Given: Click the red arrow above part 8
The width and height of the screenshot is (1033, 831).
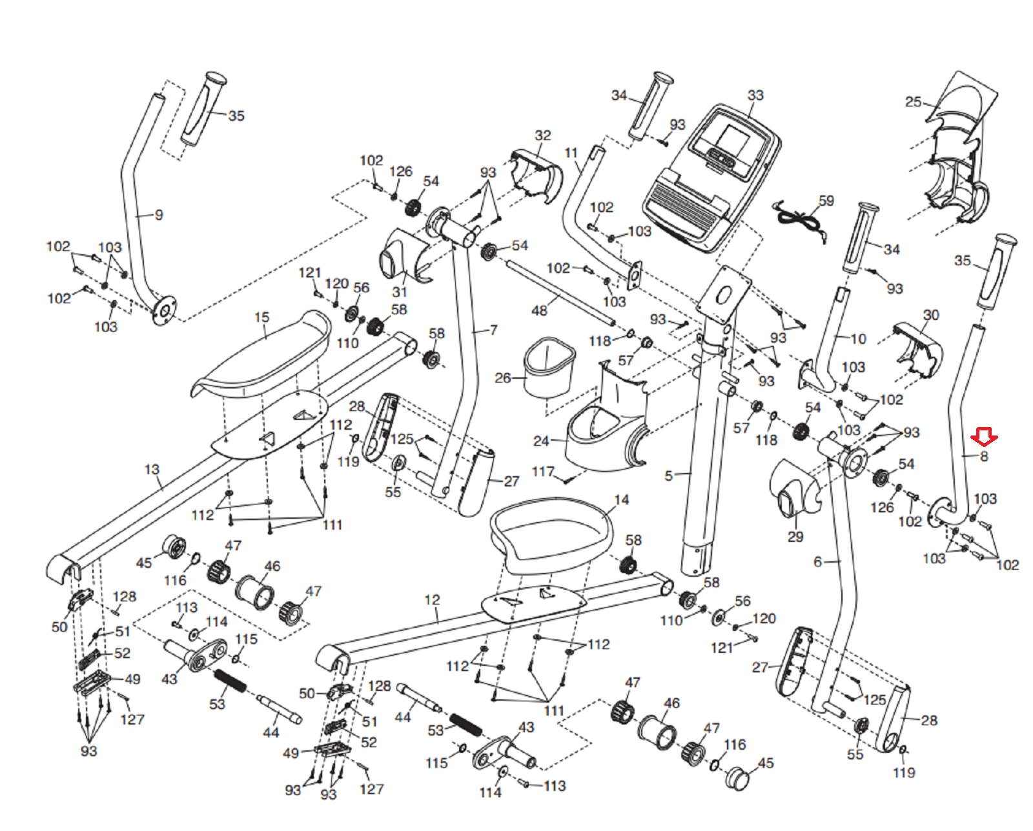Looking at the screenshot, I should coord(984,437).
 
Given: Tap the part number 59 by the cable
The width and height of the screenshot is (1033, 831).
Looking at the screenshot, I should coord(826,201).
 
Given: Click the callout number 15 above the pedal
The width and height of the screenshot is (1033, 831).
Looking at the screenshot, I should coord(261,317).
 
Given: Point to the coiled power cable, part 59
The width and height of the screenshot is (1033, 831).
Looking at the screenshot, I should coord(799,219).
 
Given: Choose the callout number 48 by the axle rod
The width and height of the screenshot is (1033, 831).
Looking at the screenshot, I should coord(539,311).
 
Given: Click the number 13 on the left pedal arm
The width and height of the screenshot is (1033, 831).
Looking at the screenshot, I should coord(152,469).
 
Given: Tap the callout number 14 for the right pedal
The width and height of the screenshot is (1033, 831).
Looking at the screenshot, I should coord(622,500).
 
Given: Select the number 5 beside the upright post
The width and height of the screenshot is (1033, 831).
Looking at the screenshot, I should coord(669,476).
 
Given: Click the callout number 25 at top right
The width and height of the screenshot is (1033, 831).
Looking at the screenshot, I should coord(913,102).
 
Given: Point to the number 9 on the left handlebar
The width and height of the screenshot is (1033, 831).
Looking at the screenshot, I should coord(159,215).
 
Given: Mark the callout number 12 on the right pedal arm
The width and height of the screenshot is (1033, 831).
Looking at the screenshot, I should coord(432,600).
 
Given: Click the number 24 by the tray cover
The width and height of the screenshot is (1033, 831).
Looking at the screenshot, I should coord(541,441).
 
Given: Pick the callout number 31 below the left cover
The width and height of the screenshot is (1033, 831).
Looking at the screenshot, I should coord(400,291).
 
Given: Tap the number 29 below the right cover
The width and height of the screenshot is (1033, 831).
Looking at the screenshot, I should coord(795,537).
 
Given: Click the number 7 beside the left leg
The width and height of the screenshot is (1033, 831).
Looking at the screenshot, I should coord(494,330).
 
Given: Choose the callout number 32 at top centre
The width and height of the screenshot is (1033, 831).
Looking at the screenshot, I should coord(543,135).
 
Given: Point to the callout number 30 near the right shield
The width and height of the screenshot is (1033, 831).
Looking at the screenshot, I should coord(931,315).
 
